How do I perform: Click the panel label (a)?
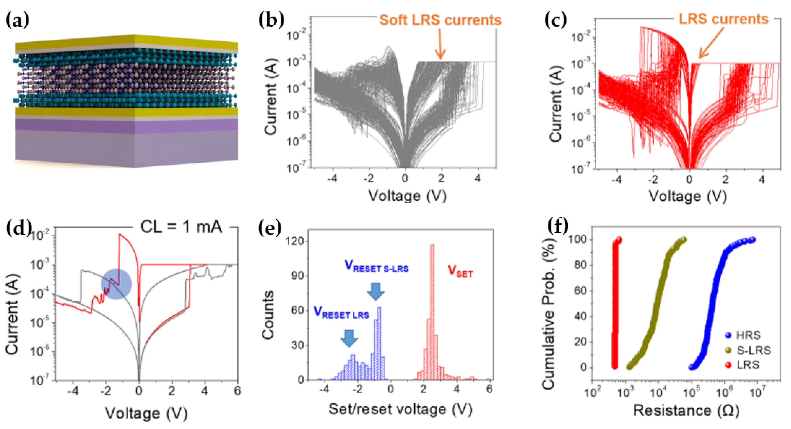pos(18,20)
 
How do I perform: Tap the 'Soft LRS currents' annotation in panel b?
pos(440,20)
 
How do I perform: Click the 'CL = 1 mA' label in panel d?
pos(181,227)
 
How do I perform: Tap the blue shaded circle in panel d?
pos(116,284)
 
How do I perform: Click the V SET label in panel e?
pos(460,271)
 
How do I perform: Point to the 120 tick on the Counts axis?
pos(295,241)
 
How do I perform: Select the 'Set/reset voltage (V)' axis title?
pos(400,409)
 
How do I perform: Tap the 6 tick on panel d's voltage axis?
pos(237,391)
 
